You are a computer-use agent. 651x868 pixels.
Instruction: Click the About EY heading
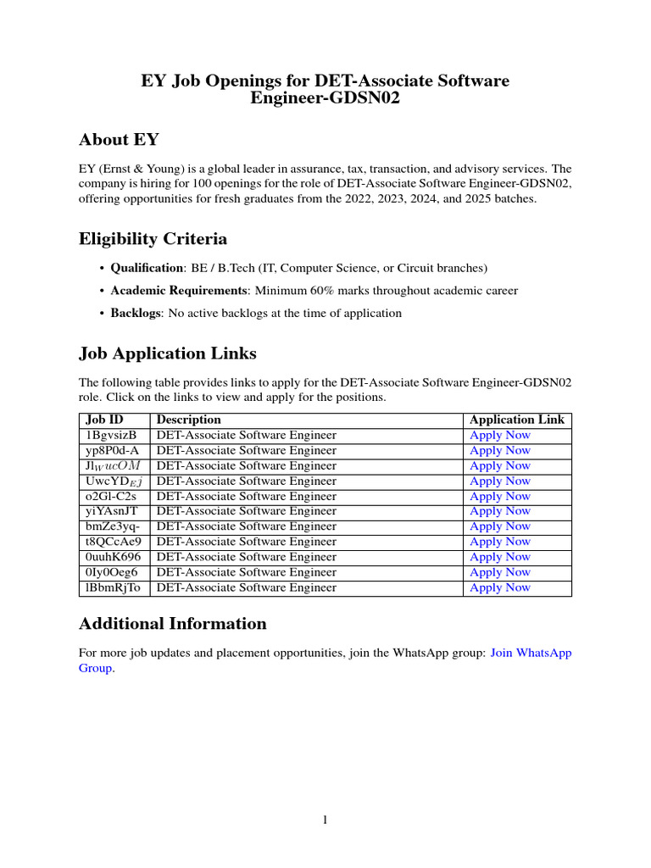pos(119,140)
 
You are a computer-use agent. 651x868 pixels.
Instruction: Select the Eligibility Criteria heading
pos(153,239)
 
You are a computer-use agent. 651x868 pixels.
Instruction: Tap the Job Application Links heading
pos(167,353)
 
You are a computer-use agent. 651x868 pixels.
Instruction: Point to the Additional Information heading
pos(172,624)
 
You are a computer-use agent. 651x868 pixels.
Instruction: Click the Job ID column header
pos(104,420)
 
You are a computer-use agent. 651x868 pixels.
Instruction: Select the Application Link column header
pos(516,420)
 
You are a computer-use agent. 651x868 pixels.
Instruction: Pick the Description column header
pos(188,420)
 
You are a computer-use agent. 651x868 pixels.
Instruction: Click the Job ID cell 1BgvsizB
pos(111,435)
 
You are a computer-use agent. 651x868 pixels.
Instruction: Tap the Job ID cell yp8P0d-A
pos(112,450)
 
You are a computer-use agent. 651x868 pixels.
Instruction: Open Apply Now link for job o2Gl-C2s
pos(500,496)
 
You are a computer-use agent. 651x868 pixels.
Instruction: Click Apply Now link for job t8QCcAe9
pos(500,542)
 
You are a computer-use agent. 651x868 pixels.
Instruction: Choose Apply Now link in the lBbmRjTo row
pos(500,587)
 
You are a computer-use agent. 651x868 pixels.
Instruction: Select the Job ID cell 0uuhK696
pos(113,557)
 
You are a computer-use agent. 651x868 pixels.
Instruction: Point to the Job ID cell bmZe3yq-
pos(112,526)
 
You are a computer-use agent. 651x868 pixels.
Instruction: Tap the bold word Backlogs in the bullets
pos(136,313)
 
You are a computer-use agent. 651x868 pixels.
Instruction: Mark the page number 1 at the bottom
pos(325,820)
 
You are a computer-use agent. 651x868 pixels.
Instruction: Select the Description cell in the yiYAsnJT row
pos(246,511)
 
